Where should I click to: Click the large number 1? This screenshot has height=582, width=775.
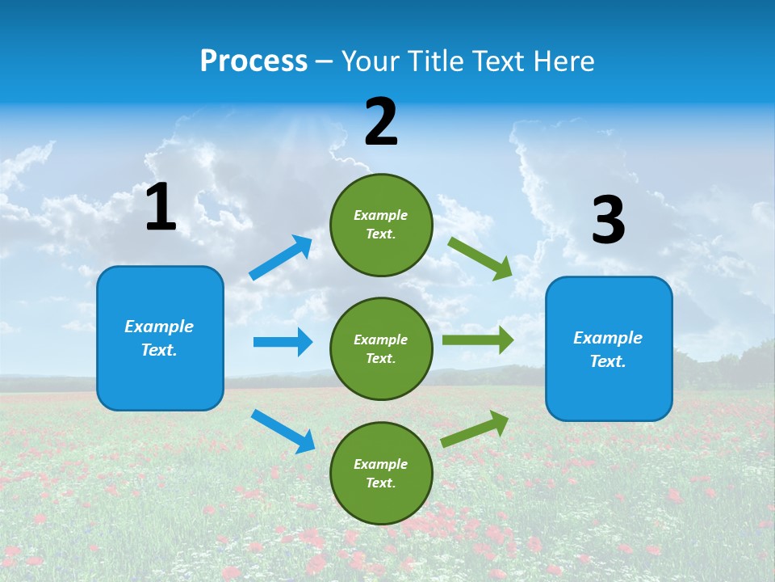point(161,208)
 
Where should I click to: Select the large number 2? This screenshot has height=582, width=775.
point(381,122)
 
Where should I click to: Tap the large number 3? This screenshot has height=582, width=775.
point(609,220)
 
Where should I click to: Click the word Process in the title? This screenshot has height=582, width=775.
point(253,61)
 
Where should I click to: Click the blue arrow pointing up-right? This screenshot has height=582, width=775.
point(281,258)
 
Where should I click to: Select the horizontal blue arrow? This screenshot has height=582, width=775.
point(283,342)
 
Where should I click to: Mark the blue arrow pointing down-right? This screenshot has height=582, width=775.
point(283,431)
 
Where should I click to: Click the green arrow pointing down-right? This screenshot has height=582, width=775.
point(480,258)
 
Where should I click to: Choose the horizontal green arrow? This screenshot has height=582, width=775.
point(477,340)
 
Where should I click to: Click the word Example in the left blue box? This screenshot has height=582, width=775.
point(159,327)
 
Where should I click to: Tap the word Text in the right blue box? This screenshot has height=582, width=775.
point(607,361)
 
